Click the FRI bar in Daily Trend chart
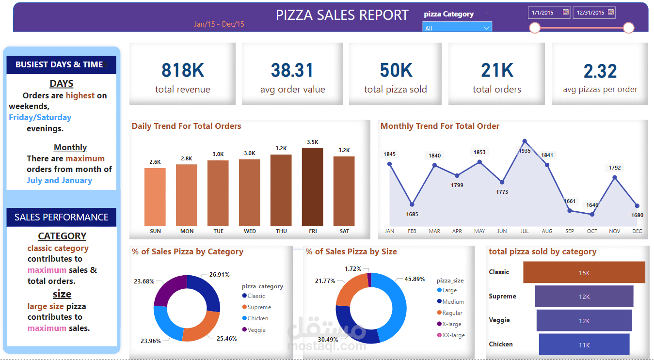click(312, 187)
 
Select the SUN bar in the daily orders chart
click(155, 197)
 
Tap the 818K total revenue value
click(183, 70)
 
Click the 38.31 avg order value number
click(292, 70)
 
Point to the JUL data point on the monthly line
click(525, 141)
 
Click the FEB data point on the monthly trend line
click(412, 204)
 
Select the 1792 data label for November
click(615, 168)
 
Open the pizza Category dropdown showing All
click(457, 28)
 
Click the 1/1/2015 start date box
click(549, 13)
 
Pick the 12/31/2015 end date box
click(594, 13)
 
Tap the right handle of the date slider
click(629, 28)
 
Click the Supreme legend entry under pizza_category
click(256, 307)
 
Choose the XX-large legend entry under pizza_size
click(451, 335)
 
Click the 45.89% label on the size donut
click(415, 279)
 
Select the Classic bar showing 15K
click(584, 272)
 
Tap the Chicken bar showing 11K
click(584, 344)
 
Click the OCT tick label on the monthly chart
click(592, 231)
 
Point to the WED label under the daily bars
click(250, 231)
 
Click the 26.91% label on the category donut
click(219, 275)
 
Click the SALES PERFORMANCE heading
click(61, 217)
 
